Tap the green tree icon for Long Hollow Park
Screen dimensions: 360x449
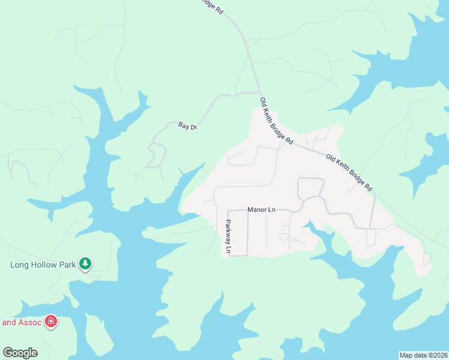(x=86, y=263)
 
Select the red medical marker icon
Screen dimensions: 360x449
(x=52, y=322)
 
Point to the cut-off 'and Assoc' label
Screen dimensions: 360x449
(x=22, y=322)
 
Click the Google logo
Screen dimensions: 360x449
(x=20, y=353)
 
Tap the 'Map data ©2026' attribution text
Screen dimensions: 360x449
(x=424, y=355)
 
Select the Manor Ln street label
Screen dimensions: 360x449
(x=261, y=209)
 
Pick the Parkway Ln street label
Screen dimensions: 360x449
(x=229, y=235)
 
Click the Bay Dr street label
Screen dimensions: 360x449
(x=187, y=126)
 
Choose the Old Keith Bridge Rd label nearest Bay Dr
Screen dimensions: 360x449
(x=276, y=121)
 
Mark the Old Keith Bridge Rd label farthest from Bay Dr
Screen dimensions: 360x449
(x=349, y=172)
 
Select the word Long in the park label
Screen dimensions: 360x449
(x=20, y=264)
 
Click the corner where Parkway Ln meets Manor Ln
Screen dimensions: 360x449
(x=228, y=211)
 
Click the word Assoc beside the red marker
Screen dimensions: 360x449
(x=30, y=322)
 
